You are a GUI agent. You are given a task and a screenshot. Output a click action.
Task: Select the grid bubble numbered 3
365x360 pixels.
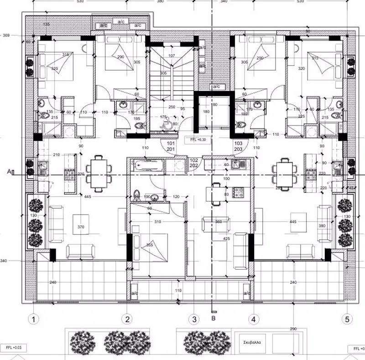coord(194,319)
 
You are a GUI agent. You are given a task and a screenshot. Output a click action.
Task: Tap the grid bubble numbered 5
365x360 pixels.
coord(349,319)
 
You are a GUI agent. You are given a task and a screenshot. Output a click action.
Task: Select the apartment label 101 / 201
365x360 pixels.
coord(171,146)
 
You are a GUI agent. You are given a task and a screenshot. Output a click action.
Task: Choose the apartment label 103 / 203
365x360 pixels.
coord(239,146)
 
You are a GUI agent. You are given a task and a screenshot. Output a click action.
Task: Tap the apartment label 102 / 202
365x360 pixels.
coord(194,163)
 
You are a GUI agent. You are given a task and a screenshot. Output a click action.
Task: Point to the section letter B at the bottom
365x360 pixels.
coord(213,319)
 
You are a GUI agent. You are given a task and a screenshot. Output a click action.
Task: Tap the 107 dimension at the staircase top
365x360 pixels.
coord(172,56)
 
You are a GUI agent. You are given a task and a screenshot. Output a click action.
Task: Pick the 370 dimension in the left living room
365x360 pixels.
coord(81,226)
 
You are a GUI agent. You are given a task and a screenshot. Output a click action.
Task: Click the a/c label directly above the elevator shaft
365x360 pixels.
coord(215,86)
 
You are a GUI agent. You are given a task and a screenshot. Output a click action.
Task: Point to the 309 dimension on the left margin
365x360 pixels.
coord(6,35)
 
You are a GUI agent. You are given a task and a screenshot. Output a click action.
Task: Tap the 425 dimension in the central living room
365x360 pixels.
coord(226,238)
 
